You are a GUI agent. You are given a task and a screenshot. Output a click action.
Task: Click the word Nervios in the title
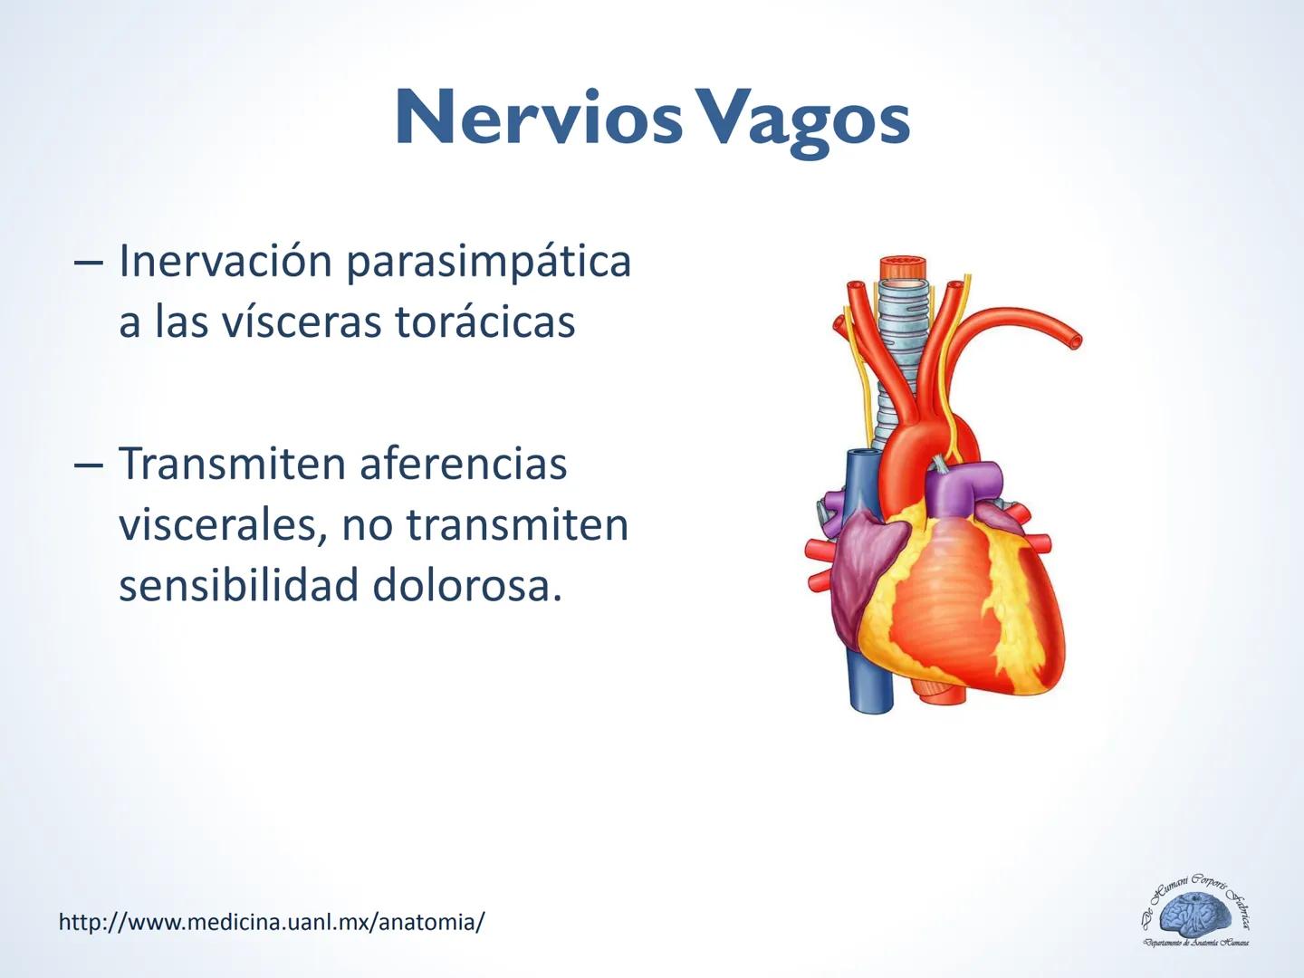click(538, 120)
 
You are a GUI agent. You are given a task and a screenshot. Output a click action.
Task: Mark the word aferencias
click(463, 464)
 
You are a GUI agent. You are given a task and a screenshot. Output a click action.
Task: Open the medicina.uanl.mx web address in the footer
click(272, 923)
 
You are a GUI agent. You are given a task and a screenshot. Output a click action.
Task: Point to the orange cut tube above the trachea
click(904, 268)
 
